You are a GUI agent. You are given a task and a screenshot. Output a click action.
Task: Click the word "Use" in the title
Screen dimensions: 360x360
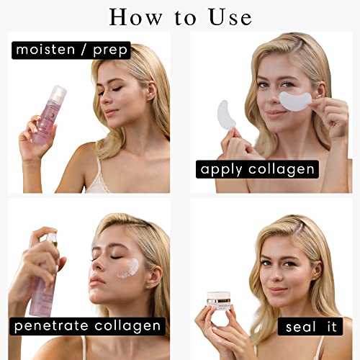tap(230, 17)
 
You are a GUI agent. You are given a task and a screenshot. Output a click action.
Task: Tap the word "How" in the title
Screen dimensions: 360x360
tap(135, 17)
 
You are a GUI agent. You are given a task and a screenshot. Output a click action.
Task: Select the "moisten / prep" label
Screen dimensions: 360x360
tap(71, 50)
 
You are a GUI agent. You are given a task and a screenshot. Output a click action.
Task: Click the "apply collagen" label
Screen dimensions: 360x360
tap(257, 169)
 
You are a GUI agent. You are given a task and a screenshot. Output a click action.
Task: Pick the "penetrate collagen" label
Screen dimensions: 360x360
tap(87, 326)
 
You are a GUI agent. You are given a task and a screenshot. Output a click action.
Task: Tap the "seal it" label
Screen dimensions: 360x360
tap(310, 327)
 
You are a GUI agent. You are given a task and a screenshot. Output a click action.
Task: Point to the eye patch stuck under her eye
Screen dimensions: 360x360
tap(295, 101)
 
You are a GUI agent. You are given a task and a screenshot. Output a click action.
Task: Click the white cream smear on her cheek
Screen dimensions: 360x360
tap(128, 269)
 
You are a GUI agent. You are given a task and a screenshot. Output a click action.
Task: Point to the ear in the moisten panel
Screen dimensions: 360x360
tap(150, 92)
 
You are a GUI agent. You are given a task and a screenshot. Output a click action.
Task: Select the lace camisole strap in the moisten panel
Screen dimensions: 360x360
tap(98, 173)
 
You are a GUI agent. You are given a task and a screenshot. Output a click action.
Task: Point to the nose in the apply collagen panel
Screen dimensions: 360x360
tap(274, 99)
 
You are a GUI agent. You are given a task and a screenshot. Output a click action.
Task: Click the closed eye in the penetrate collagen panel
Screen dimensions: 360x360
tap(117, 258)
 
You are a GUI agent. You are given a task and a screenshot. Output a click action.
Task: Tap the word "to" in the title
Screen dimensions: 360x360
tap(186, 18)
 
